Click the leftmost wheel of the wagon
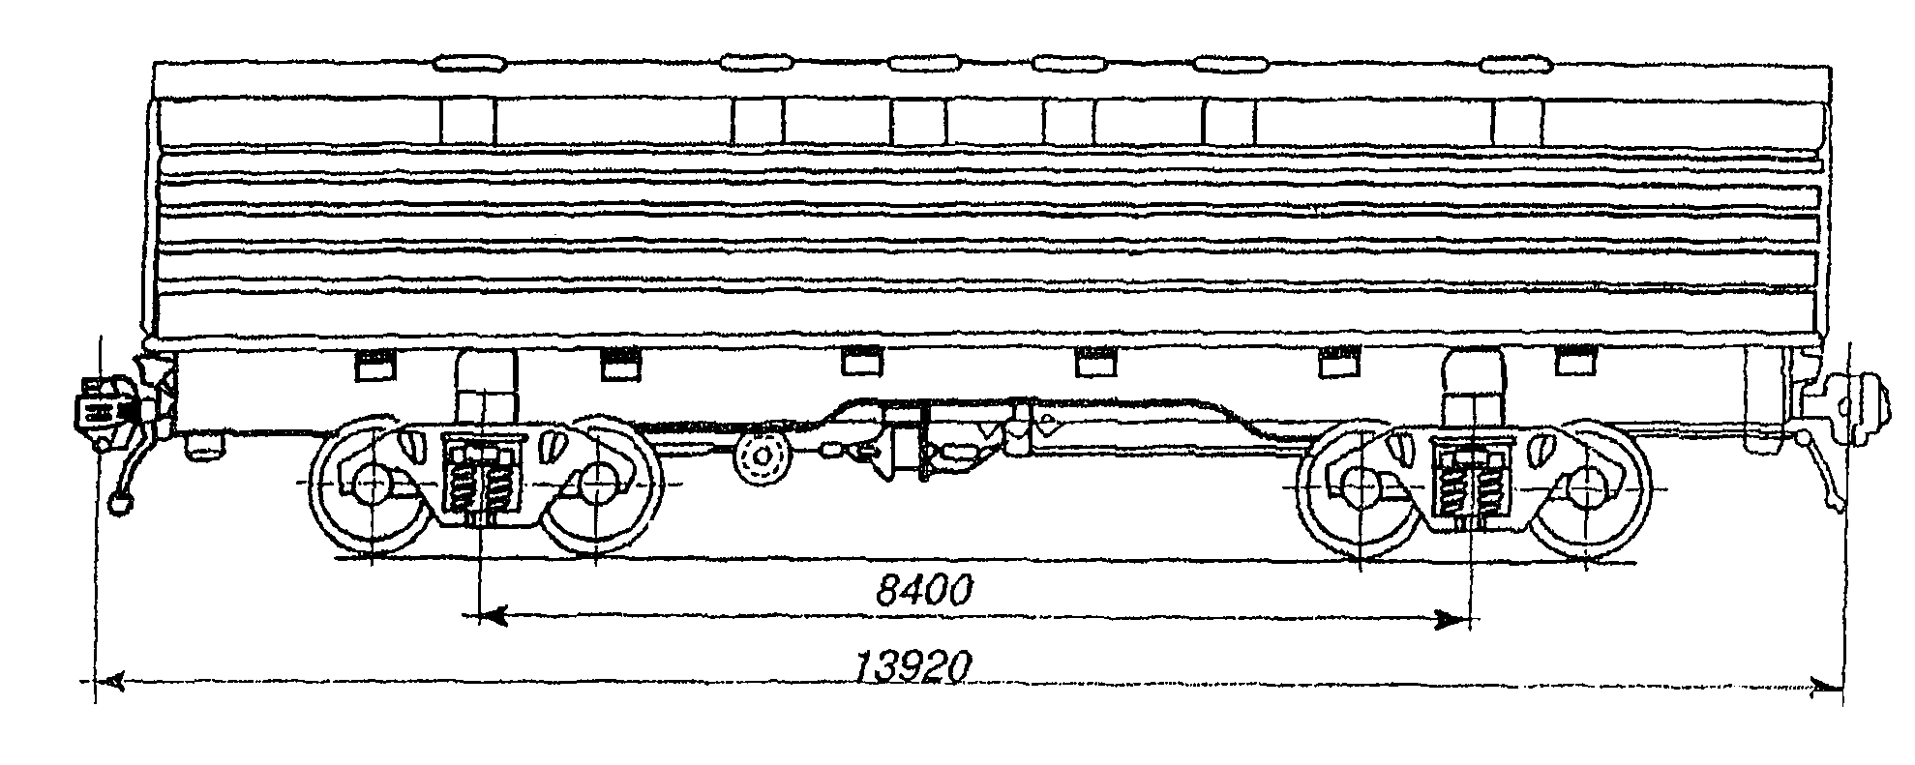pos(371,484)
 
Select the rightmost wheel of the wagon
pos(1588,488)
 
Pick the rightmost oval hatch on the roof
pos(1516,66)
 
